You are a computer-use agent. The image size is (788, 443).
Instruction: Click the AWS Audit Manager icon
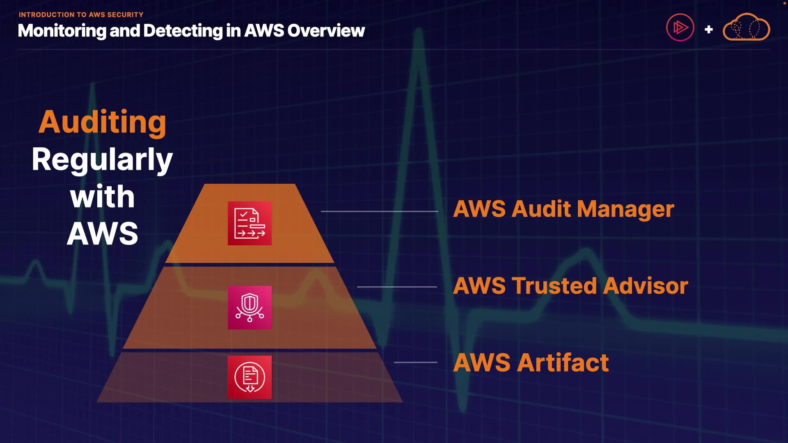[250, 223]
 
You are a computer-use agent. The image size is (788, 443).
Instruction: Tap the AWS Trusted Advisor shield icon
[250, 307]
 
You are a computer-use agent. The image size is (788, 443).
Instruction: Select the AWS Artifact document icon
[250, 377]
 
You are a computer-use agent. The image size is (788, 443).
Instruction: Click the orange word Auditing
[103, 123]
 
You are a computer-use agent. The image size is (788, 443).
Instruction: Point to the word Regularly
[102, 160]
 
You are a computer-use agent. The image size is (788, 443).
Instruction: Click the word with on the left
[102, 196]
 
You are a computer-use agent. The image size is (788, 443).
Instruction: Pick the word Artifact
[563, 363]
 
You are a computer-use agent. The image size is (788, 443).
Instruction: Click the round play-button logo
[680, 27]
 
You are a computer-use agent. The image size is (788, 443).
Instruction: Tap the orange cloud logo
[746, 27]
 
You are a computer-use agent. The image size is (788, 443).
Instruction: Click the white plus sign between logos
[708, 30]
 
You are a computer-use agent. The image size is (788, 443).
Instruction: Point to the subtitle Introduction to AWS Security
[81, 15]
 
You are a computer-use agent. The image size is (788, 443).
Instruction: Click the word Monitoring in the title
[62, 31]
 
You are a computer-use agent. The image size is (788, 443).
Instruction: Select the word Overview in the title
[326, 31]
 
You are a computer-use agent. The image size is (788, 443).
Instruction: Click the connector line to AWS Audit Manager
[380, 211]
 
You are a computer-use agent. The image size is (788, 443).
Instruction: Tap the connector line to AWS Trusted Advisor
[397, 287]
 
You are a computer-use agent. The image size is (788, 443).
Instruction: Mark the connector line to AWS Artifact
[416, 362]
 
